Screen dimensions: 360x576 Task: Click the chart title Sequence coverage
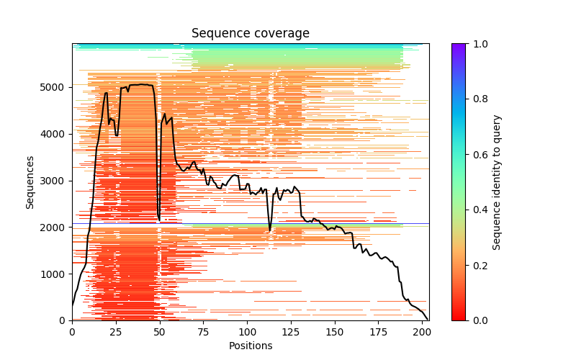pyautogui.click(x=250, y=33)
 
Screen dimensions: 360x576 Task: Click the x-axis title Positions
pyautogui.click(x=250, y=346)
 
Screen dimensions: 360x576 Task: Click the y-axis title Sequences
pyautogui.click(x=30, y=181)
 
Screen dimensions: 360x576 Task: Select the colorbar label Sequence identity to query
pyautogui.click(x=497, y=181)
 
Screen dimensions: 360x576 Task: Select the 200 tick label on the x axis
pyautogui.click(x=422, y=332)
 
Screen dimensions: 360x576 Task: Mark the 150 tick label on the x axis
pyautogui.click(x=335, y=332)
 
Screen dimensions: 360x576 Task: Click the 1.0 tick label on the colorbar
pyautogui.click(x=479, y=44)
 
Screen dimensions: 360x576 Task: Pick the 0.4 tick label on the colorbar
pyautogui.click(x=479, y=210)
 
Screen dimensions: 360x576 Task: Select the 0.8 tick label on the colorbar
pyautogui.click(x=479, y=99)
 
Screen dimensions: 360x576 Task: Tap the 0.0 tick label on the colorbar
pyautogui.click(x=479, y=320)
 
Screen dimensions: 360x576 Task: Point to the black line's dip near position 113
pyautogui.click(x=270, y=230)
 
